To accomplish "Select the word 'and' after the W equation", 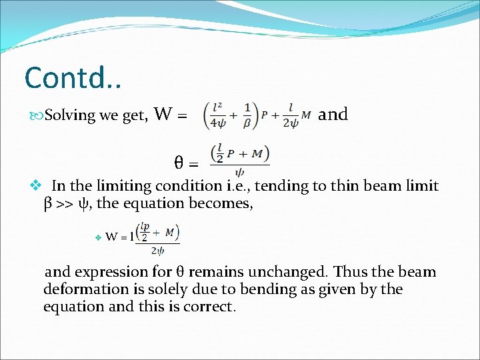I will click(x=333, y=114).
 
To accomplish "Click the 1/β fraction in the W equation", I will click(x=247, y=115).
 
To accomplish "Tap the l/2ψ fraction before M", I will click(x=290, y=115).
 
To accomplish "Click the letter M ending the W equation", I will click(x=306, y=114).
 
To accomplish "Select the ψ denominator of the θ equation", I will click(x=239, y=171).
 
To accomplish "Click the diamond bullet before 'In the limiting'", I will click(x=37, y=186).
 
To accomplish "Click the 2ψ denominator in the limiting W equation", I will click(x=157, y=251).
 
